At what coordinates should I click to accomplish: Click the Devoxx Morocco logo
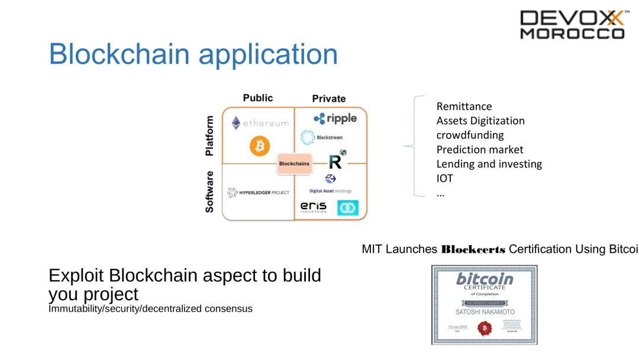pos(572,25)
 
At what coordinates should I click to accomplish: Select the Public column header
pos(258,98)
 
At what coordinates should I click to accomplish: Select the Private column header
pos(329,98)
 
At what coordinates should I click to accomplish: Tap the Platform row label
pos(209,136)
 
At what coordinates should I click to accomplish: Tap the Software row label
pos(209,192)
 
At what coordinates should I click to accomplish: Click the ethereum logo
pos(260,123)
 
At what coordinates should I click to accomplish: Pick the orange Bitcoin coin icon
pos(259,146)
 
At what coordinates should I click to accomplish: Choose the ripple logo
pos(335,118)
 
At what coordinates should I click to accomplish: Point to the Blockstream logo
pos(321,137)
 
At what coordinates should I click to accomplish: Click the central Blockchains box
pos(294,163)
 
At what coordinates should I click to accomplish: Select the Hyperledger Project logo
pos(258,192)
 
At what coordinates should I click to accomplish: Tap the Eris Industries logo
pos(314,207)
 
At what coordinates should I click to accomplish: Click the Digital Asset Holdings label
pos(330,191)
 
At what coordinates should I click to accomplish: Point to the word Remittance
pos(464,107)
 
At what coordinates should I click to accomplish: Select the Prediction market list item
pos(480,150)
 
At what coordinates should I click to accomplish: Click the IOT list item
pos(445,178)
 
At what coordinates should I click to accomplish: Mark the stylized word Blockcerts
pos(473,249)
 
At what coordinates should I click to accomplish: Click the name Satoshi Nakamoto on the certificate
pos(485,311)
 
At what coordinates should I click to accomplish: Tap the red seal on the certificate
pos(485,327)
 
